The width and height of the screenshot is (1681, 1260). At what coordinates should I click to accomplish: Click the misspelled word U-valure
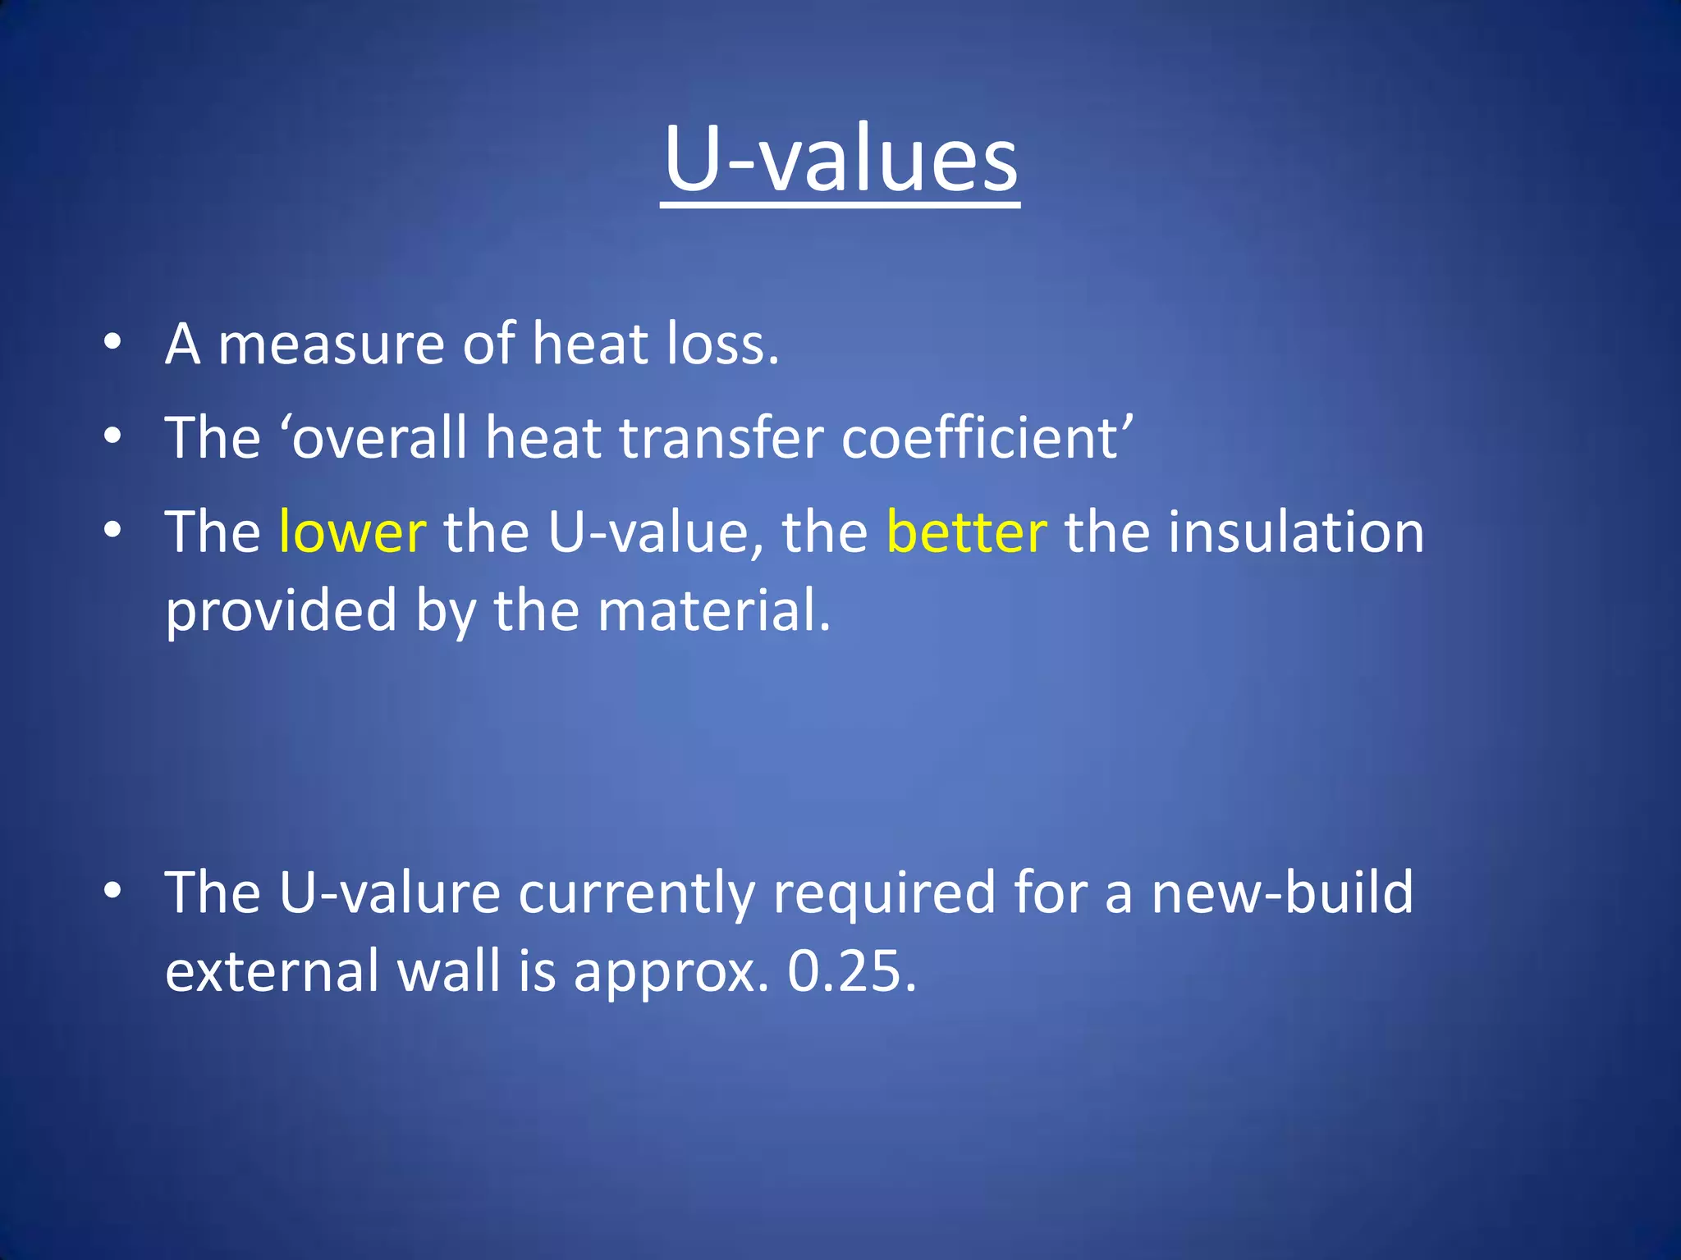tap(389, 893)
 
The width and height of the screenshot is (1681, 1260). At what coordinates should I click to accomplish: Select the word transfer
tap(721, 437)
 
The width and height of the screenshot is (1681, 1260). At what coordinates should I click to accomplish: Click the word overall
tap(379, 437)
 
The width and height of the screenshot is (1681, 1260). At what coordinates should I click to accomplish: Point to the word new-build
tap(1282, 893)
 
